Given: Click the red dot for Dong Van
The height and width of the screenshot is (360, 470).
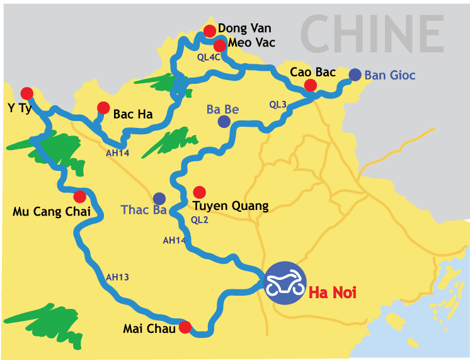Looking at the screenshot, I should click(x=210, y=31).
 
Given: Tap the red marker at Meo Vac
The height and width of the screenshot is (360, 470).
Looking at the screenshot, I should click(x=220, y=45).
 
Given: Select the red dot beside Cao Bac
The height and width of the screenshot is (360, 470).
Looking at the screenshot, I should click(x=310, y=85).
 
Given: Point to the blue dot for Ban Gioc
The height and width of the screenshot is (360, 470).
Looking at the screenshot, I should click(x=355, y=74).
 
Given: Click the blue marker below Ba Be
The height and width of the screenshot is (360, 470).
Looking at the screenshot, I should click(x=224, y=122).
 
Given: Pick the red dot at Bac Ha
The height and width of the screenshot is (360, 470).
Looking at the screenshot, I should click(x=103, y=108).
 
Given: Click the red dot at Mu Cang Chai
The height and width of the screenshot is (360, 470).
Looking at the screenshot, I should click(x=79, y=196).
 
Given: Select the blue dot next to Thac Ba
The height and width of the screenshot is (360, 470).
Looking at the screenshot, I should click(x=159, y=199).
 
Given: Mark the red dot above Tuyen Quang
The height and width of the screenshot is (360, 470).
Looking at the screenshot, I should click(x=200, y=192).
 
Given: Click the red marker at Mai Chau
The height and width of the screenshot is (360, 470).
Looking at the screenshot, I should click(x=185, y=327).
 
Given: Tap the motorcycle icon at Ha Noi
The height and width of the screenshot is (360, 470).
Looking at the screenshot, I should click(x=285, y=283).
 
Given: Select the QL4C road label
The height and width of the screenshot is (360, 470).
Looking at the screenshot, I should click(x=209, y=57).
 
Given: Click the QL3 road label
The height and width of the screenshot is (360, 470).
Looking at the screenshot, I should click(x=277, y=104).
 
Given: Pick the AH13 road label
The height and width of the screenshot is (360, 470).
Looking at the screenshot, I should click(x=117, y=276).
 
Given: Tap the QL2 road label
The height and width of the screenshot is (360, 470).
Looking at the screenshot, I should click(x=198, y=220).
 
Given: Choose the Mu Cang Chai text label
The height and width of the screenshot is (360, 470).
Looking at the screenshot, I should click(x=52, y=212).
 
